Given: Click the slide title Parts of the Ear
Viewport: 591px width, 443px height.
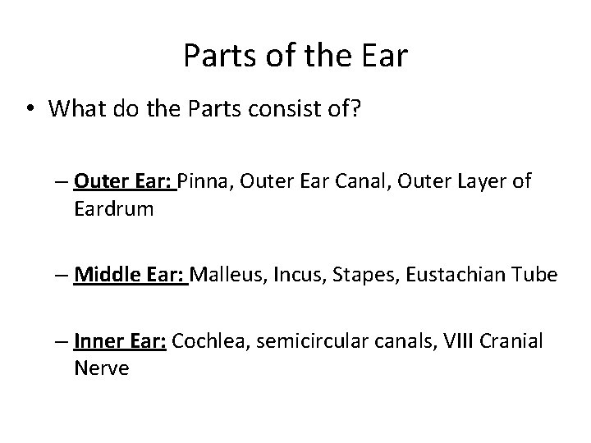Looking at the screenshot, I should (x=295, y=55).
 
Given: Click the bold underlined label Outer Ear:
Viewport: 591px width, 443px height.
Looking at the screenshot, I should (x=124, y=180).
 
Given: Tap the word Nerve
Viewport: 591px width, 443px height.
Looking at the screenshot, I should (x=101, y=368).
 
